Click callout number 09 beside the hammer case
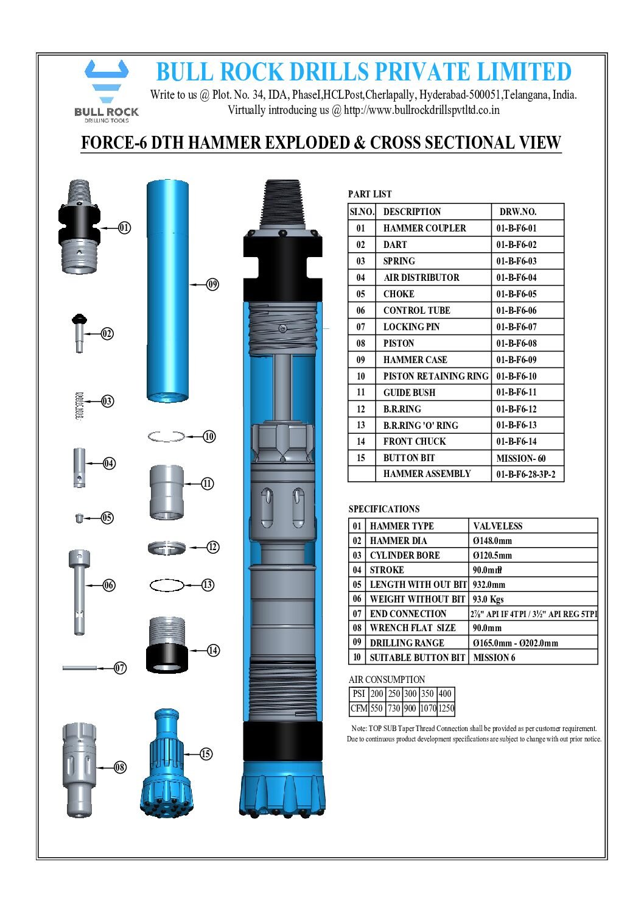(212, 284)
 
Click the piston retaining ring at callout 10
(166, 436)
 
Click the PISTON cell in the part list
(398, 344)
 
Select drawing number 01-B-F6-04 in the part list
(516, 278)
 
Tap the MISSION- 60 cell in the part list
(520, 458)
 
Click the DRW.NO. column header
(518, 212)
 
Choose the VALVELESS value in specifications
(497, 526)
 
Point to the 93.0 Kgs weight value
(488, 599)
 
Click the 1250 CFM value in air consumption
(446, 709)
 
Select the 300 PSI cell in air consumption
(410, 694)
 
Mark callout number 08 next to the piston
(120, 767)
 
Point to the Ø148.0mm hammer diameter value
(492, 541)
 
